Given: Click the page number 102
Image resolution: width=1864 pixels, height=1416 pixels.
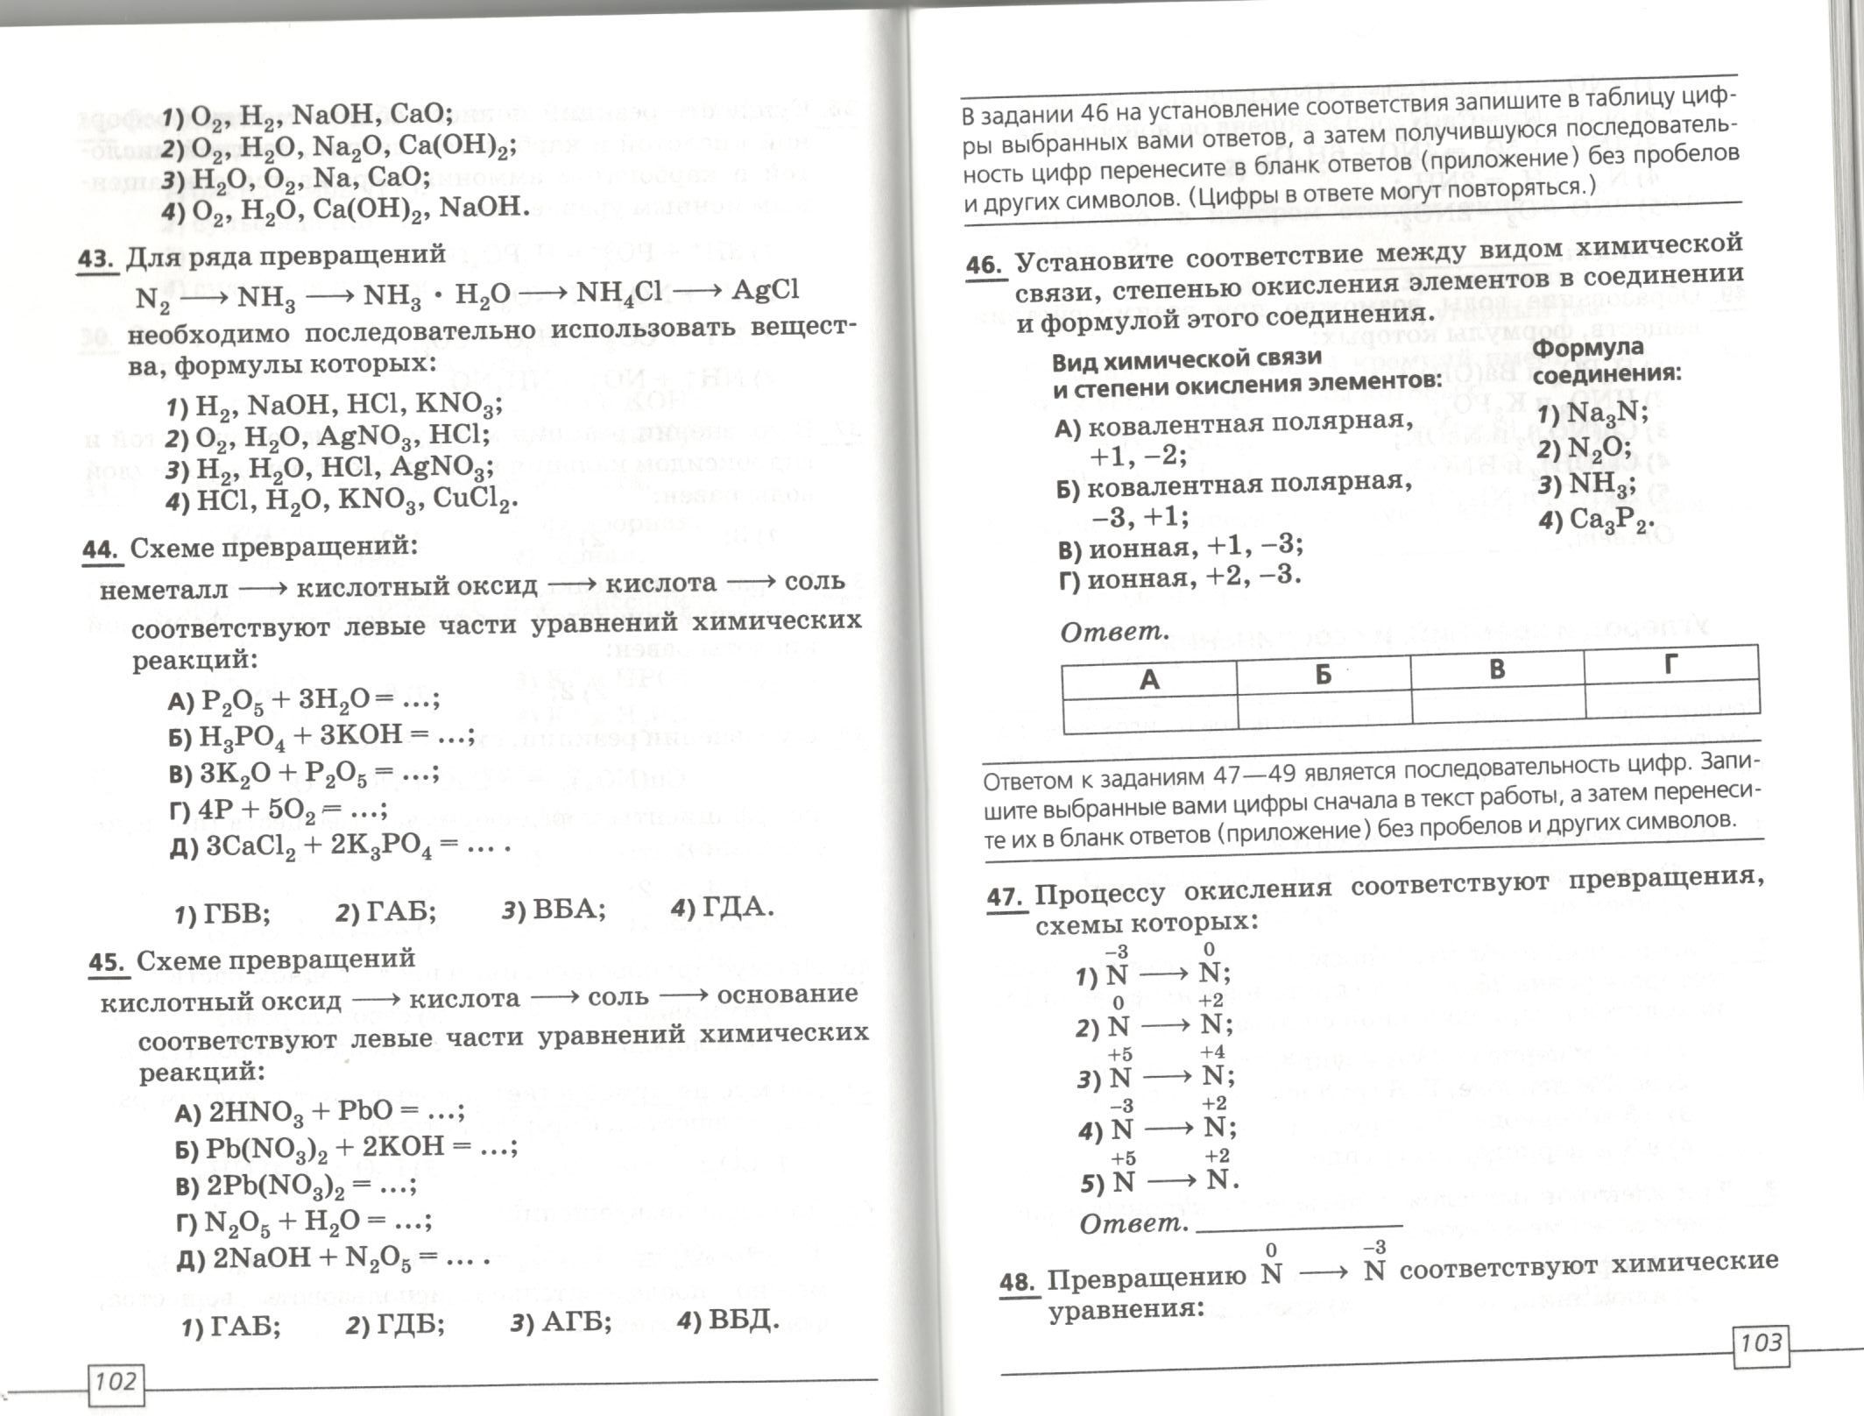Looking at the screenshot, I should coord(115,1383).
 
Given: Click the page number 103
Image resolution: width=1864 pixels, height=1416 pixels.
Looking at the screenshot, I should coord(1761,1342).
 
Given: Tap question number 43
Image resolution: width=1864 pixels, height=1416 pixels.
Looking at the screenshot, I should coord(97,259).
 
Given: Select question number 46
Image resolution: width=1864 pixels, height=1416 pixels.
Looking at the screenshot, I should coord(985,265).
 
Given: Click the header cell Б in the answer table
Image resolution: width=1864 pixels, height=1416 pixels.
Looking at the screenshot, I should coord(1323,674).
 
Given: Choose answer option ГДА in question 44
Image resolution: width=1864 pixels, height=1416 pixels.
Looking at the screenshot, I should coord(735,907).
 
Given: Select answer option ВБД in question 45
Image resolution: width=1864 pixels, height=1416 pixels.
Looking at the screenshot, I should coord(739,1320).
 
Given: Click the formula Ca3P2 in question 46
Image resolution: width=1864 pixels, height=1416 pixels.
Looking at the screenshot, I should coord(1611,520).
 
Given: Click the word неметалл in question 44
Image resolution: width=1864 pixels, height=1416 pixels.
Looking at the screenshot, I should coord(164,590).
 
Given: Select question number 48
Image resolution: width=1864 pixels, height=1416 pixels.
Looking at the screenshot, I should coord(1017,1283).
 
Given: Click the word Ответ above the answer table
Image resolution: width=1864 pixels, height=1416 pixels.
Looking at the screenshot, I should coord(1113,631).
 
